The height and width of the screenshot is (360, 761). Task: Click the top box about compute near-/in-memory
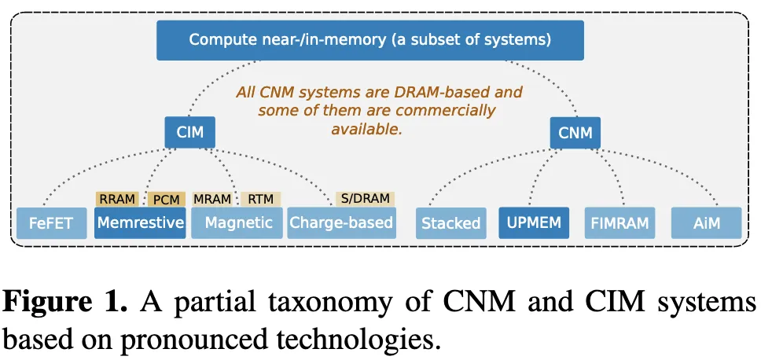click(369, 39)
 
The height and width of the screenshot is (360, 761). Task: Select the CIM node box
click(189, 132)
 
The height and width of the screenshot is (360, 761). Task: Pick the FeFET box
click(51, 223)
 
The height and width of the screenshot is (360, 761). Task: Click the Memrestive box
click(141, 222)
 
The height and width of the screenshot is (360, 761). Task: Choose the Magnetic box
click(238, 222)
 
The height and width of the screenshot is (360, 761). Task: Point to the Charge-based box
click(341, 222)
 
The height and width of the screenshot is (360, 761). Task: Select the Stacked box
click(450, 223)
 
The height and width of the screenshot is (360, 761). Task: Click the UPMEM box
click(534, 222)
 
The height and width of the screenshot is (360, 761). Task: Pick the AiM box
click(706, 223)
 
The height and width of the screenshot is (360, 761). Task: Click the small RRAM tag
click(117, 199)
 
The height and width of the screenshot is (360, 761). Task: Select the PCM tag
click(166, 200)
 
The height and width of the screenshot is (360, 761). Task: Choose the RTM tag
click(260, 199)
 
